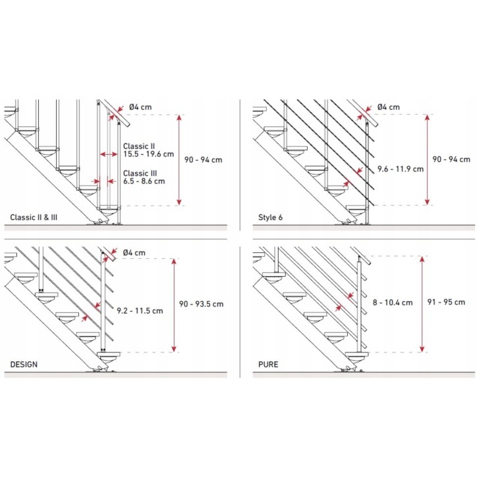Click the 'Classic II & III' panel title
[x=34, y=217]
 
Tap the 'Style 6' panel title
[x=270, y=217]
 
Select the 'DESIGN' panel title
[x=24, y=364]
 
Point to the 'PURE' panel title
[x=268, y=364]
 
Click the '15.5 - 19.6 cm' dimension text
[x=148, y=154]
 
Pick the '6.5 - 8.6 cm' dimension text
[x=144, y=181]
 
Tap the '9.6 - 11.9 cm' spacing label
[x=401, y=169]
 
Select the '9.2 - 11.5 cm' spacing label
[x=140, y=310]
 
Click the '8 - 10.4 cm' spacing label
[x=393, y=302]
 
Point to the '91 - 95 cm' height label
[x=446, y=302]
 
